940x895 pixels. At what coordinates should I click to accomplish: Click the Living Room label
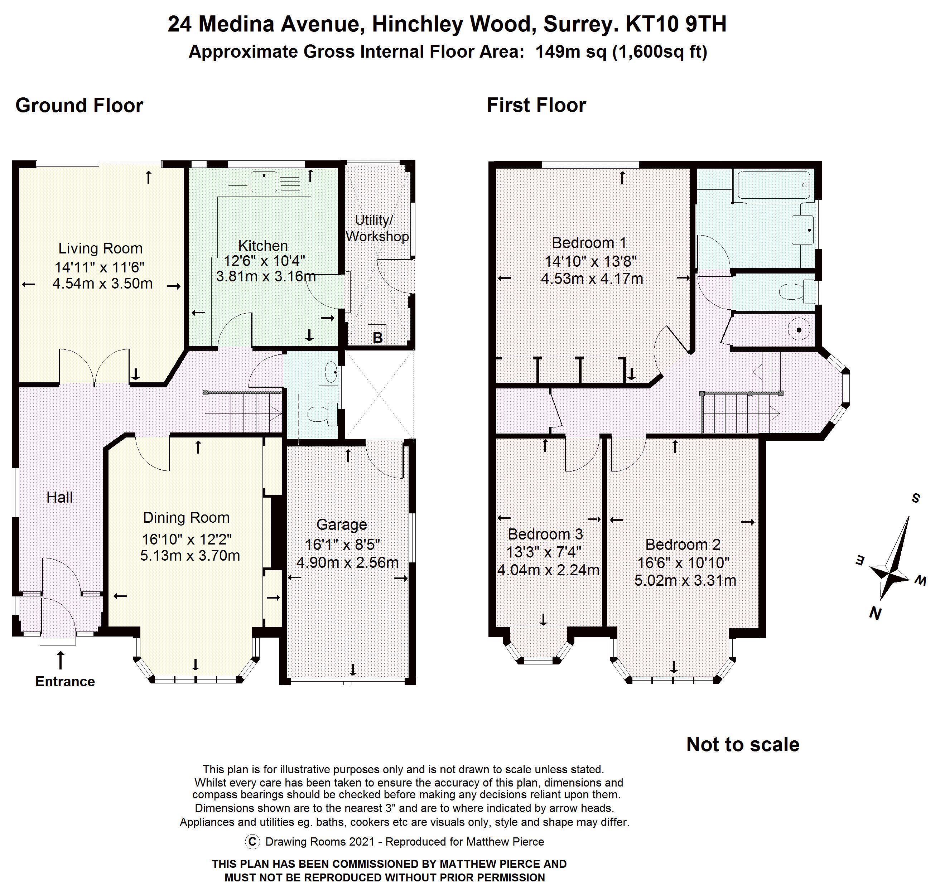pos(100,248)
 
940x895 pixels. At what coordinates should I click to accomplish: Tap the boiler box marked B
pos(377,337)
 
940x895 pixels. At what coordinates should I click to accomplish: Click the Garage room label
pos(342,524)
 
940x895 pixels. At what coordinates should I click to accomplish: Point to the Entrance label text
pos(65,681)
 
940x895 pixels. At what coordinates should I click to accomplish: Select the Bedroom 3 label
pos(545,534)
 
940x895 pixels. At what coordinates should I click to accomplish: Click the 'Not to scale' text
pos(742,744)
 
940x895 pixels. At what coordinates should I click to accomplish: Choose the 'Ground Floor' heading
pos(79,106)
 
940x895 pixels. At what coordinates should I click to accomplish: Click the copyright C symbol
pos(252,842)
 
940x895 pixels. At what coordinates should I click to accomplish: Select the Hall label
pos(60,497)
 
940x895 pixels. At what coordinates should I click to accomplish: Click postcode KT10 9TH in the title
pos(676,24)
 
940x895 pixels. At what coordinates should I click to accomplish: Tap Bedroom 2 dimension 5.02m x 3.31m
pos(685,581)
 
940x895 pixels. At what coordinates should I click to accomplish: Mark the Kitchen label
pos(263,246)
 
